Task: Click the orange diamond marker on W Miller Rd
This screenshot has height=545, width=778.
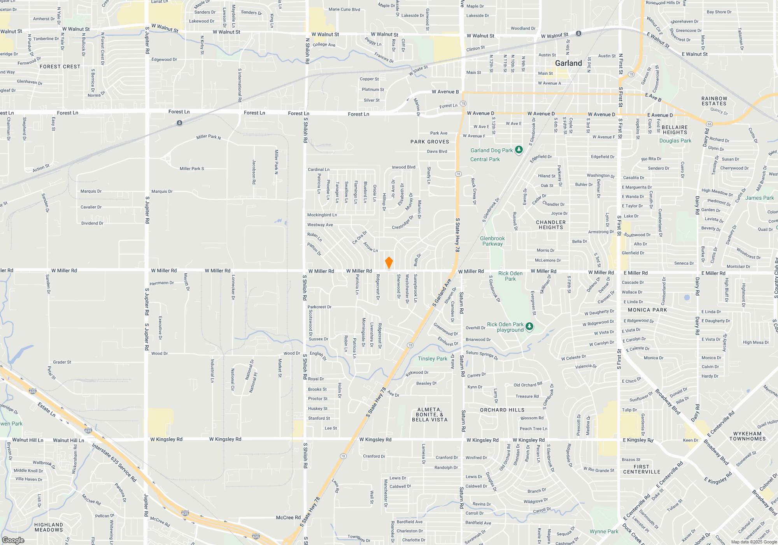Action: (389, 263)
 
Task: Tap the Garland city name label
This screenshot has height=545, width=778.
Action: (568, 63)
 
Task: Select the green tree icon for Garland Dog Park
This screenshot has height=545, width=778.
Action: (519, 150)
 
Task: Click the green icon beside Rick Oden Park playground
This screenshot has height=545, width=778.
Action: (529, 326)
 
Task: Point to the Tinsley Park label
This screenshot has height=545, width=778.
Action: (432, 359)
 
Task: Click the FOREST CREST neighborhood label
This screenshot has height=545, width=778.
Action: (60, 67)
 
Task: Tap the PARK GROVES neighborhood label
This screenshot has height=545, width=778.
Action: (429, 142)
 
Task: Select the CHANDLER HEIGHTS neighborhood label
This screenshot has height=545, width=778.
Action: (551, 225)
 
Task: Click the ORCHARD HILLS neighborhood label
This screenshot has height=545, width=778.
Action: (502, 410)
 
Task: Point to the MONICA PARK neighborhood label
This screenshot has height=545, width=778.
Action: (647, 310)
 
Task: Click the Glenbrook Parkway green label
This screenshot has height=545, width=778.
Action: (492, 241)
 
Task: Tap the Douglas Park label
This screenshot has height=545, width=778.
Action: (675, 141)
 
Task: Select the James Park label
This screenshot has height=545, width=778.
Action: (759, 198)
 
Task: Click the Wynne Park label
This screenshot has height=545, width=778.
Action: (604, 531)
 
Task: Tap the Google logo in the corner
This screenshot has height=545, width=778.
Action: (13, 540)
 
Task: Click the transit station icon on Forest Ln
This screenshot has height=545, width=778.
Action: (179, 123)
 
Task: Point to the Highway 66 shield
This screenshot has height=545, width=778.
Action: (709, 124)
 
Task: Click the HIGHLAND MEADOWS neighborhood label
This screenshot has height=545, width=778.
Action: (49, 527)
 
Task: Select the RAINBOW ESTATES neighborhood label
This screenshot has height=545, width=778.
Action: (714, 101)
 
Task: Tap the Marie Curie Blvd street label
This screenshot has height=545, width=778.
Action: (344, 9)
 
